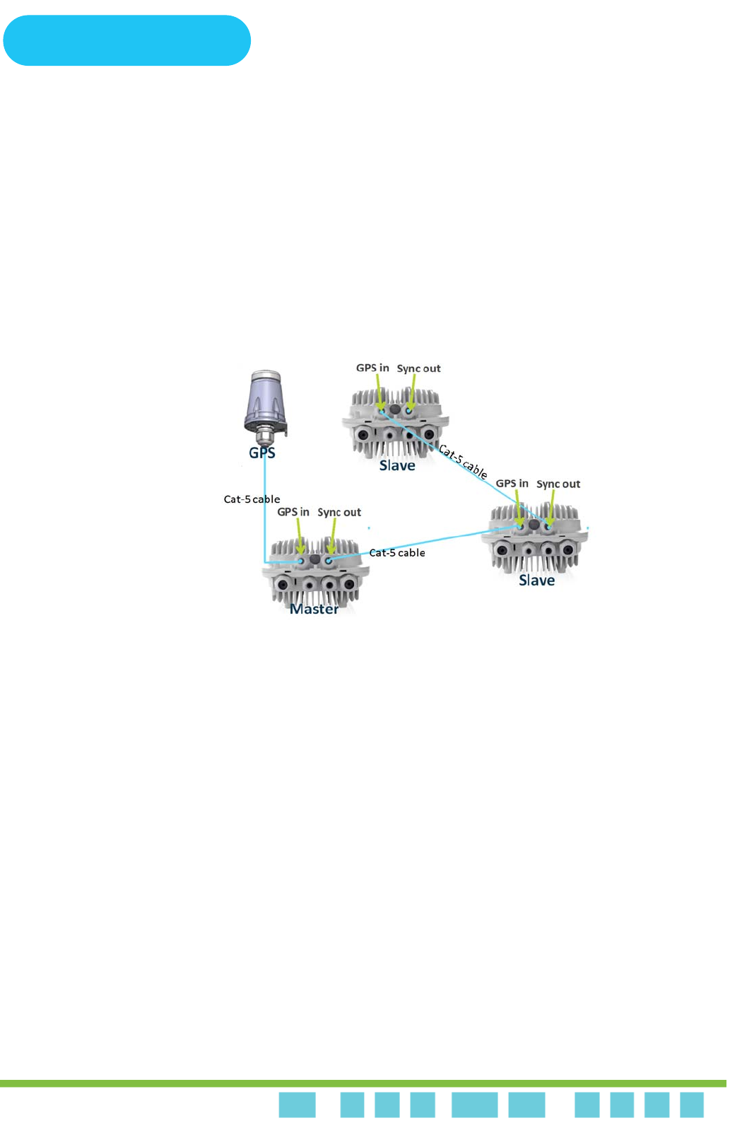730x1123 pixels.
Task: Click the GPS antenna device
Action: click(265, 404)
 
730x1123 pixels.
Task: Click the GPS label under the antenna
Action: click(262, 453)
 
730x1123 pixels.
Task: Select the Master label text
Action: click(314, 609)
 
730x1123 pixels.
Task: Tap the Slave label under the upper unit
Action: click(397, 466)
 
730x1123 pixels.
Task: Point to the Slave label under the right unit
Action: click(537, 581)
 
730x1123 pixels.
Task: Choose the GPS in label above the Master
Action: click(293, 512)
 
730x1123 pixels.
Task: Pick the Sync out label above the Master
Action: click(339, 513)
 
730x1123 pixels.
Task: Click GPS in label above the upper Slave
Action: click(372, 368)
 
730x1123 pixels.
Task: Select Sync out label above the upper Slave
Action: click(418, 369)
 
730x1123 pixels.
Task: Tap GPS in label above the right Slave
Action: click(512, 484)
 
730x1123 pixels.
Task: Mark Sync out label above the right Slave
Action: click(558, 484)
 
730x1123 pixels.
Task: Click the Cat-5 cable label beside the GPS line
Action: click(252, 499)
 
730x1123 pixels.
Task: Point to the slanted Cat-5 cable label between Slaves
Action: click(463, 461)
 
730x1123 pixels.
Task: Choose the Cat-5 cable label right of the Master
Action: click(397, 553)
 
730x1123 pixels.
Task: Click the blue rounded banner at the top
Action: click(127, 41)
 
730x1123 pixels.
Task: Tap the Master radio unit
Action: click(314, 576)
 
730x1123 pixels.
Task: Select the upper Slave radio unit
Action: click(396, 424)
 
